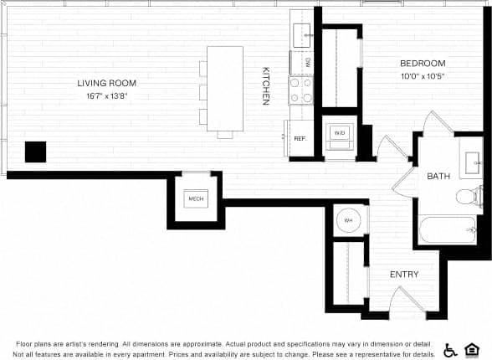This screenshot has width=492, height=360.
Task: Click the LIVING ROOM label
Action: [x=106, y=83]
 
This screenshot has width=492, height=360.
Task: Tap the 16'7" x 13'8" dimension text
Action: [x=106, y=95]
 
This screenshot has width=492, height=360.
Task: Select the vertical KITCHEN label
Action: [x=265, y=85]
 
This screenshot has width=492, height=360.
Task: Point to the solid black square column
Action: [x=35, y=152]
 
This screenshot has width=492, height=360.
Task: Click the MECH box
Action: [x=197, y=199]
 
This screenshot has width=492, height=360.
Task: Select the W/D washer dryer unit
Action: [x=340, y=134]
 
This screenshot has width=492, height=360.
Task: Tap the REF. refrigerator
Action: [x=299, y=137]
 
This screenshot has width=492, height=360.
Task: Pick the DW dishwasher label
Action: [x=308, y=63]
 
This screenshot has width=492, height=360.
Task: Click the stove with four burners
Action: [x=300, y=90]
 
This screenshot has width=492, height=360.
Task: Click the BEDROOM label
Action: [x=422, y=64]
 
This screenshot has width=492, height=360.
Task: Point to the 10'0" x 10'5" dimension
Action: [x=422, y=76]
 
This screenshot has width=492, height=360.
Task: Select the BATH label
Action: [x=438, y=176]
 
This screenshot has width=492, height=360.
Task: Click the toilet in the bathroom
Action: [x=469, y=197]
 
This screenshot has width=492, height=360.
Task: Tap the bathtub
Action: [x=445, y=229]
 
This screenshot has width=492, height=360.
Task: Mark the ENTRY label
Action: [x=404, y=275]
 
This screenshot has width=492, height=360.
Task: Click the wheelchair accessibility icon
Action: [x=450, y=349]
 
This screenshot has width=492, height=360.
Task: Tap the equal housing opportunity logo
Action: [x=474, y=349]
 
